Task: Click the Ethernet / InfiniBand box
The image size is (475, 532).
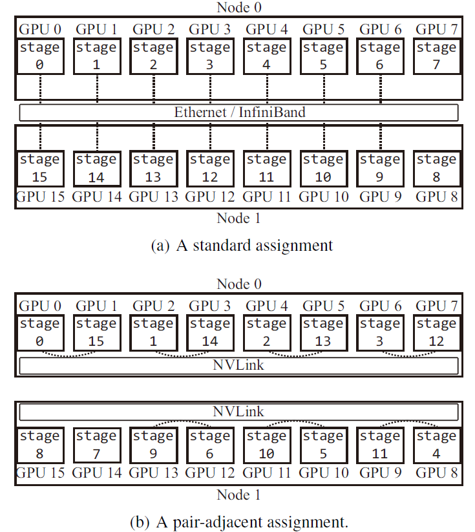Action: tap(239, 112)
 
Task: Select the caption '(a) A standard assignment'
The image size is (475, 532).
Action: tap(242, 245)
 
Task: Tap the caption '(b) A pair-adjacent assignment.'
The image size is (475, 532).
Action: tap(239, 522)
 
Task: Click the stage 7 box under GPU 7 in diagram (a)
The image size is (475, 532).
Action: tap(437, 56)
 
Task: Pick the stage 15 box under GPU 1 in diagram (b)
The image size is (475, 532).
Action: tap(97, 333)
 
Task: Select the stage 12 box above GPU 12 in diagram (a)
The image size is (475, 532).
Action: tap(211, 169)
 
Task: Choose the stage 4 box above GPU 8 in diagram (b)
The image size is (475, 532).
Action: tap(437, 445)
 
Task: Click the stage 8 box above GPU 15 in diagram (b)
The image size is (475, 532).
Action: tap(40, 445)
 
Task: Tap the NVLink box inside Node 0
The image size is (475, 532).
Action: tap(239, 365)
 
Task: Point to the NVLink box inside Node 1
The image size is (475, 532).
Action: tap(239, 412)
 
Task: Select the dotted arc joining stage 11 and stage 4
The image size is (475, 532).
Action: tap(408, 421)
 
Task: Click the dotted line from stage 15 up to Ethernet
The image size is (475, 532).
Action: tap(40, 136)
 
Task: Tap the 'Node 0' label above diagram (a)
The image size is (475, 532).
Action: tap(239, 8)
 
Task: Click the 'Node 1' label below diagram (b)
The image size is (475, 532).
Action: tap(239, 495)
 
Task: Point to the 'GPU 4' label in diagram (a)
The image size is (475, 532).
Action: tap(267, 30)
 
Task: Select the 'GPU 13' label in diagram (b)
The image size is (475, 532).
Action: tap(153, 473)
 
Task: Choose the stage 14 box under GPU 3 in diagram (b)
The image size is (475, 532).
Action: tap(211, 333)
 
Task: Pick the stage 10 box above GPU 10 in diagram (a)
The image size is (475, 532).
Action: tap(324, 169)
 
